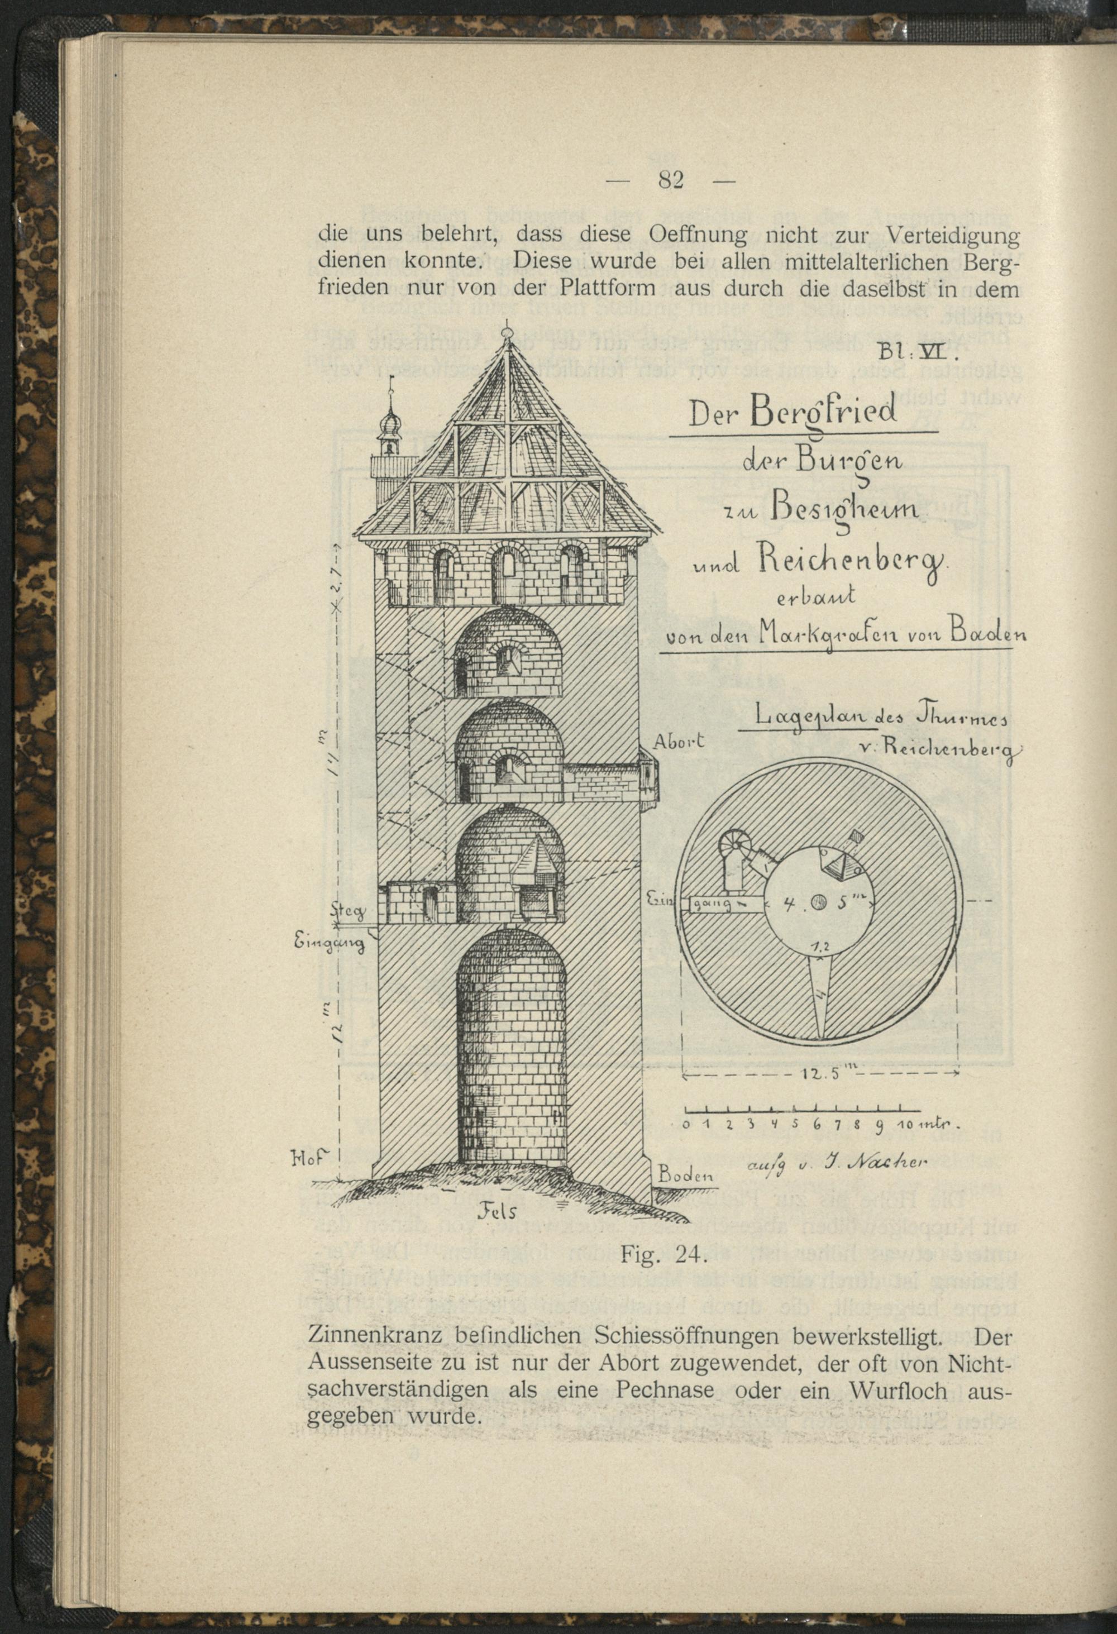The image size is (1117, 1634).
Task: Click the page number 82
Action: pyautogui.click(x=671, y=181)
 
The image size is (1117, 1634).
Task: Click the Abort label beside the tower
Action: pyautogui.click(x=679, y=740)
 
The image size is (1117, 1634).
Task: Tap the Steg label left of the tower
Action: pyautogui.click(x=349, y=913)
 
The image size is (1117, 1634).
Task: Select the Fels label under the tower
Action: pyautogui.click(x=498, y=1211)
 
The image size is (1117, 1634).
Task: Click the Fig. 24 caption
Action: pyautogui.click(x=663, y=1255)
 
